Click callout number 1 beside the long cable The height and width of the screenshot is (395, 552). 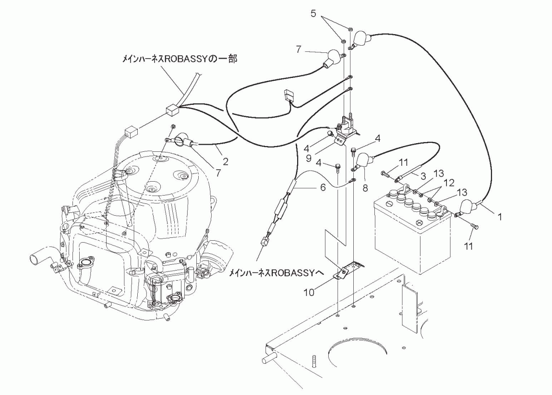[x=500, y=216]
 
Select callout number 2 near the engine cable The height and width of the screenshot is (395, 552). [x=226, y=162]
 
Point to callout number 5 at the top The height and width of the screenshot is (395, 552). [x=313, y=14]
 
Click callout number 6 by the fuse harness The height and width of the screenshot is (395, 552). [x=323, y=187]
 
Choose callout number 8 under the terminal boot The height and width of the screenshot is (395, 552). [x=365, y=188]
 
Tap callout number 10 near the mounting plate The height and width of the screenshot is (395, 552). [x=309, y=293]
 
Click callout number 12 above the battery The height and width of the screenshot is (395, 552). [x=449, y=183]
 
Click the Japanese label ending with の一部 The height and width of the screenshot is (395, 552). [x=179, y=59]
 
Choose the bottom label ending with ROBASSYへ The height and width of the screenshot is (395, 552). [x=278, y=272]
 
